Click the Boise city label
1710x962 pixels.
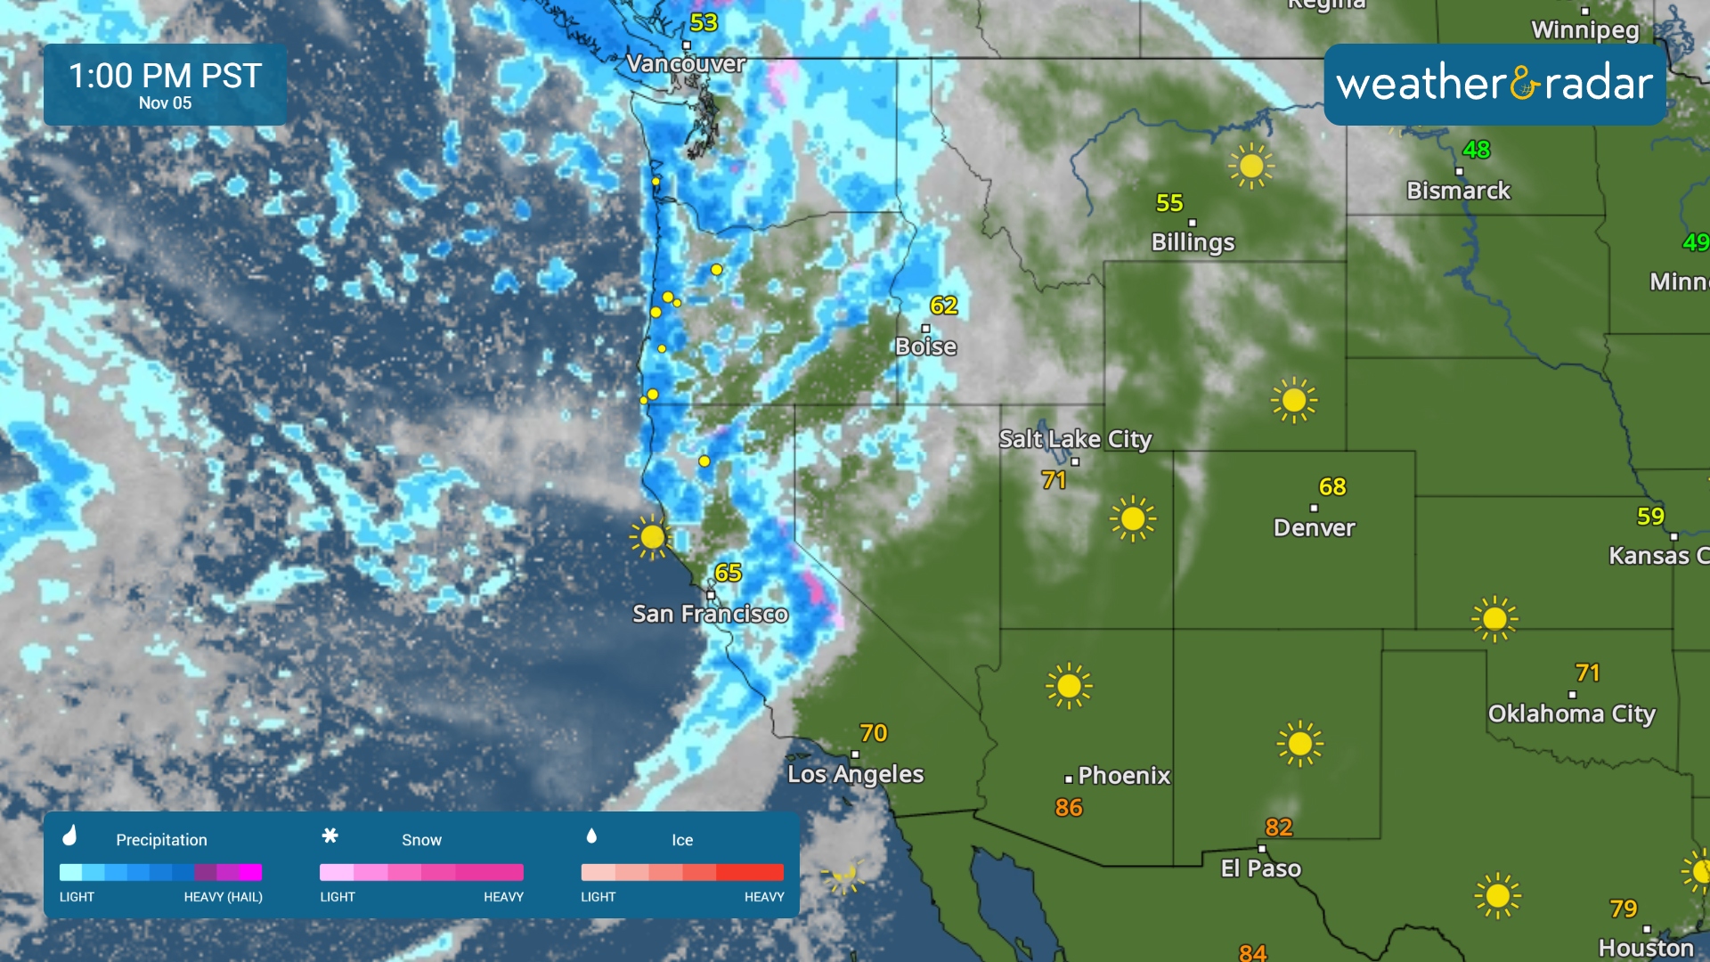point(925,346)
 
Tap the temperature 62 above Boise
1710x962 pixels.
point(943,306)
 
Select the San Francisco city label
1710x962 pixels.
point(710,614)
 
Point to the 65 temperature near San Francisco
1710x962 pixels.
point(728,573)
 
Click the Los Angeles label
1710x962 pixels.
point(855,774)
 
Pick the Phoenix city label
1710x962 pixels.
point(1124,776)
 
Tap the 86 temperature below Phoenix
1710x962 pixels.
point(1069,808)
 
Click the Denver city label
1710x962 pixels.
point(1314,528)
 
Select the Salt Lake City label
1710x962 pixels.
point(1075,439)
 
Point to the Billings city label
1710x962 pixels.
point(1193,242)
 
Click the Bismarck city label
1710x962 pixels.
point(1458,191)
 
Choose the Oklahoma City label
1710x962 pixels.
point(1571,714)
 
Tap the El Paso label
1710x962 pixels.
point(1260,868)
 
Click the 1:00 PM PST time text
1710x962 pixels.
point(165,76)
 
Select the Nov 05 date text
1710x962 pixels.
point(165,103)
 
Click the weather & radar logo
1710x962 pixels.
point(1494,84)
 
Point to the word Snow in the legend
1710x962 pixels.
point(421,840)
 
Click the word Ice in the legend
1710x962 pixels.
point(682,840)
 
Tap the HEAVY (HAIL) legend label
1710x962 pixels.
point(223,897)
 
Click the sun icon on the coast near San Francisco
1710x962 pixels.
point(651,537)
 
